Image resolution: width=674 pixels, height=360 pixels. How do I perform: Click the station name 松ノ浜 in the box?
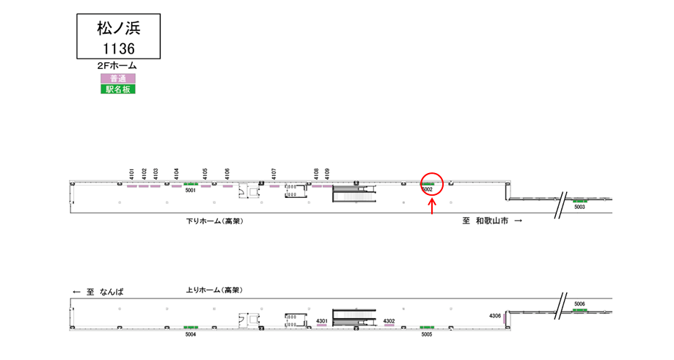119,29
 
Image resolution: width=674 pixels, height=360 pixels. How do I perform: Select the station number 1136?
119,49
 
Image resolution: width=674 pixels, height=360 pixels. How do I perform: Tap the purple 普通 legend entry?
118,78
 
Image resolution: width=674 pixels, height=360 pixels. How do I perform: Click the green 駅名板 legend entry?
118,89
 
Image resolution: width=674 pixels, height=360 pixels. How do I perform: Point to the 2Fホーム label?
117,66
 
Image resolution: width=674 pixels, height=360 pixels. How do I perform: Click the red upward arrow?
432,206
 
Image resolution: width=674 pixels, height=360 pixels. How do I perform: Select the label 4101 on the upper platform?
131,174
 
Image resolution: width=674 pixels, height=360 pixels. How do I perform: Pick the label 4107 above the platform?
274,174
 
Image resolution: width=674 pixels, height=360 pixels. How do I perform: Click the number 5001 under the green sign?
191,191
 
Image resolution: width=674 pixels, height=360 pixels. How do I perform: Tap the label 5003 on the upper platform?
579,207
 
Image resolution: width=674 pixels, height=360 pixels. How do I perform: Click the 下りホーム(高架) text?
214,221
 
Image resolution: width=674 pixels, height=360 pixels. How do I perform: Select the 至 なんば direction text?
98,292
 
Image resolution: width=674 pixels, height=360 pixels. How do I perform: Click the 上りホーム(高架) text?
214,290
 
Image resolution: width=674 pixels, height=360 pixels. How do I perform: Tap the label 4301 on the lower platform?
321,321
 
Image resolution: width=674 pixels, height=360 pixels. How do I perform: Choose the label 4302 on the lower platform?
389,321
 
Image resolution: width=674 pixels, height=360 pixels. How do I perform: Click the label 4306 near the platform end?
495,316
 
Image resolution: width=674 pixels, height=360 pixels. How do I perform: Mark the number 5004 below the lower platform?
191,334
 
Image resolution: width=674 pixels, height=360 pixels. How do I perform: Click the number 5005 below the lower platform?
426,334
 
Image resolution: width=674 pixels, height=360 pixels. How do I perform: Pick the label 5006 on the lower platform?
579,304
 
